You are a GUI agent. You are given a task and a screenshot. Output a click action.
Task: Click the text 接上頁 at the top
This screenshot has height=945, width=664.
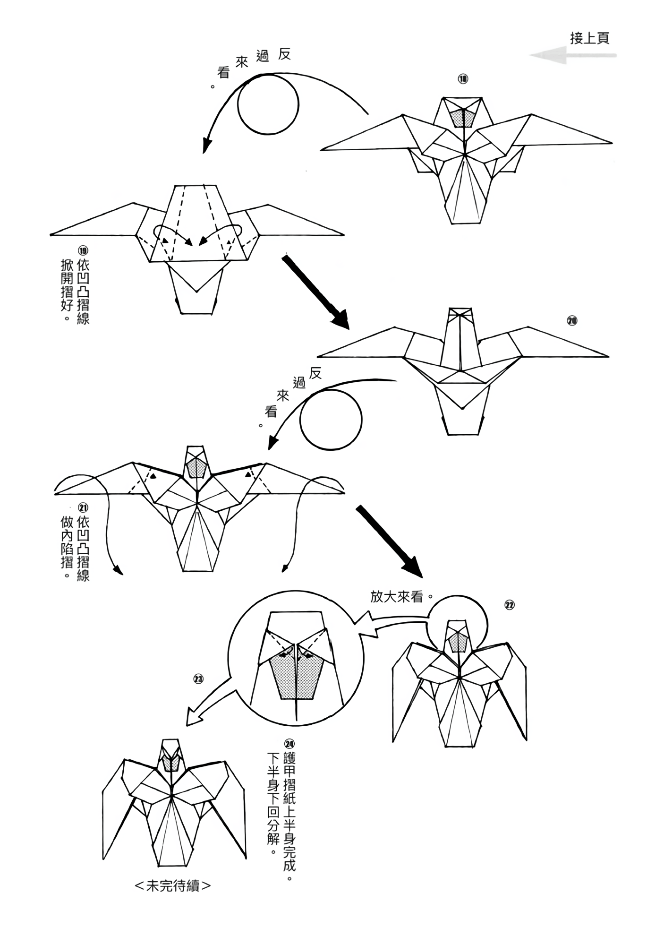click(589, 38)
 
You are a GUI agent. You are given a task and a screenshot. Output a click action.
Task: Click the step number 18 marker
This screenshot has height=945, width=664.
click(463, 79)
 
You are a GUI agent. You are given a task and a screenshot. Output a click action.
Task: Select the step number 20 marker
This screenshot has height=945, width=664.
click(572, 321)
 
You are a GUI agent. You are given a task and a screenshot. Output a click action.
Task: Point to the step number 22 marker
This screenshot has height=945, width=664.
click(509, 605)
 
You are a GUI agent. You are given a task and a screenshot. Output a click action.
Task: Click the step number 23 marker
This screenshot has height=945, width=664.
click(198, 679)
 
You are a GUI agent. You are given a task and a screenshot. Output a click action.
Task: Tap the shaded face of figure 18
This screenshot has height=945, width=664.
click(463, 118)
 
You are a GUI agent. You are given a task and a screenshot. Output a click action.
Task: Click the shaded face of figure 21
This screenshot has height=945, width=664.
click(196, 468)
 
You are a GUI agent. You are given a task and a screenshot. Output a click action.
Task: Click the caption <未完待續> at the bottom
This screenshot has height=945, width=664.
click(173, 886)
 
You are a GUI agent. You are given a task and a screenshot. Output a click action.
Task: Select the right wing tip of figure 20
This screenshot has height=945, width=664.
click(607, 356)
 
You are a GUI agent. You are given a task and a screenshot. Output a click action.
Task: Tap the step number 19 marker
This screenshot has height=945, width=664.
click(83, 250)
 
